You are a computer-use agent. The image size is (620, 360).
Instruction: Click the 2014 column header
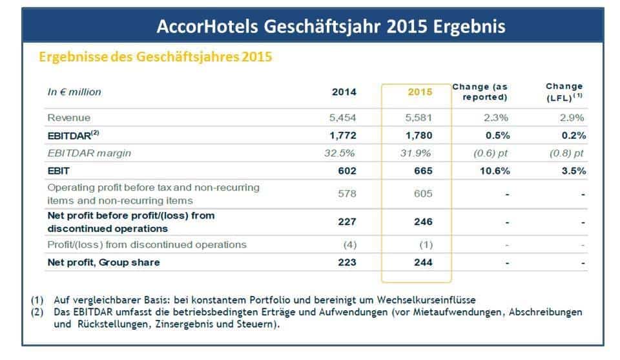point(344,92)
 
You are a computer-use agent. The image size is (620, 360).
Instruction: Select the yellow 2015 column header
point(420,92)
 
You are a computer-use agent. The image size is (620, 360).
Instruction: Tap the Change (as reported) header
point(480,92)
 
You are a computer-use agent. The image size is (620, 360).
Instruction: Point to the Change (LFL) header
point(564,92)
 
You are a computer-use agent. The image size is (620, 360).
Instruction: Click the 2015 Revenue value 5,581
point(418,118)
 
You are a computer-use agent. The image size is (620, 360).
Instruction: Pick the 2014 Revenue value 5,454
point(343,118)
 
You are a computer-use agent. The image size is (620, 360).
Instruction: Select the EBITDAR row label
point(73,135)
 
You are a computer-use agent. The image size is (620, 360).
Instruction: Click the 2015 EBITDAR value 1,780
point(418,136)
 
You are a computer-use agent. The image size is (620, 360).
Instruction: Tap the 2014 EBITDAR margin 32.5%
point(339,153)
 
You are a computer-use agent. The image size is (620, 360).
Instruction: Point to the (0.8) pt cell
point(566,153)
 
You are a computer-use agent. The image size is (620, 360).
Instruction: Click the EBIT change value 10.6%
point(495,171)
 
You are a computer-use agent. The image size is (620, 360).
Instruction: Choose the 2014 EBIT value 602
point(347,171)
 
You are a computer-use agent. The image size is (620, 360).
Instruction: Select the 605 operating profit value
point(423,194)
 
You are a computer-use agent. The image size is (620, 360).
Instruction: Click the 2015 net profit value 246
point(423,222)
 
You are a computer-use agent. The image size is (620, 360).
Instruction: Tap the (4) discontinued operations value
point(350,245)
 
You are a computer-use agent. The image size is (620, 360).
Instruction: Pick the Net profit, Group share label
point(103,262)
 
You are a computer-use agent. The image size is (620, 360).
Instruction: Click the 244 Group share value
point(423,262)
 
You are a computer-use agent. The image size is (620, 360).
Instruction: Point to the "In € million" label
point(74,92)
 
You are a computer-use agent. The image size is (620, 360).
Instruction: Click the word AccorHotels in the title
point(207,27)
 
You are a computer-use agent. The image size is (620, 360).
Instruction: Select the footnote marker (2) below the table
point(37,312)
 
